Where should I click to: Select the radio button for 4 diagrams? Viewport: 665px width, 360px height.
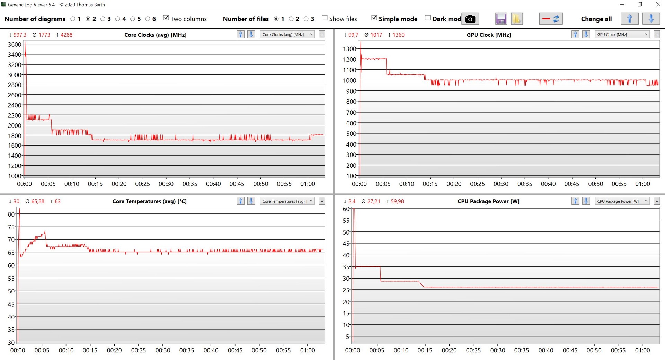118,19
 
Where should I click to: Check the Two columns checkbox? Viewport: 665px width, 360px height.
166,18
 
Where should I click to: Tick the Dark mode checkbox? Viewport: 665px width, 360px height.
428,18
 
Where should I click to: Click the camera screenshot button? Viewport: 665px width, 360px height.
470,19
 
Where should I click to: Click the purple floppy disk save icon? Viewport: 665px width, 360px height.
501,19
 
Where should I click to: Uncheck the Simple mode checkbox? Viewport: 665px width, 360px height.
374,18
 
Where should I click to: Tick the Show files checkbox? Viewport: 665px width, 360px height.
325,18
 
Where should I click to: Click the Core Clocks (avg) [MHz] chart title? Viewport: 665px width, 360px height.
155,35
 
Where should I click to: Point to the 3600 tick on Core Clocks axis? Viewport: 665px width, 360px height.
15,45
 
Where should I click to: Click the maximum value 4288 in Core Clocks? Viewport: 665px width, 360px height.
66,35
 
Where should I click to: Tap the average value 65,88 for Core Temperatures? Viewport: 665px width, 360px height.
38,201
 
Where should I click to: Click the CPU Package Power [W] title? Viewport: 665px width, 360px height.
488,201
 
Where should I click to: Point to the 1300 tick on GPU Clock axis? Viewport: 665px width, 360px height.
349,49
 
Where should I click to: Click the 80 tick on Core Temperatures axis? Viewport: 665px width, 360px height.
11,214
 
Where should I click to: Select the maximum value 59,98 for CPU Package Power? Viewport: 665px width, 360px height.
397,201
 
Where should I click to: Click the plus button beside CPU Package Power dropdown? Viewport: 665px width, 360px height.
657,201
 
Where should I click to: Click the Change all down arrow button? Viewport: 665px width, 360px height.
651,19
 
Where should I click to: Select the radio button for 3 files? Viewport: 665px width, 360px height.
306,19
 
